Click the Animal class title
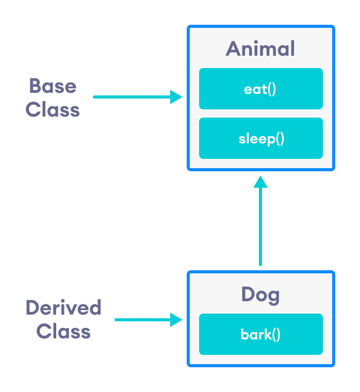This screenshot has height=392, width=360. coord(260,49)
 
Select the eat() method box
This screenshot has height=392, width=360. coord(260,89)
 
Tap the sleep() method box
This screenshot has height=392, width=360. coord(260,138)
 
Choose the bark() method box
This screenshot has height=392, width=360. coord(260,334)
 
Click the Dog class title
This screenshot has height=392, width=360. coord(260,295)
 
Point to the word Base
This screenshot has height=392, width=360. coord(53,86)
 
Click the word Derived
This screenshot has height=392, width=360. coord(63,307)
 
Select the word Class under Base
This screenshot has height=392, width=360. coord(53,109)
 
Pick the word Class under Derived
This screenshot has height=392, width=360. coord(63,331)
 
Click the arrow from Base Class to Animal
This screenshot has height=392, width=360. coord(134,96)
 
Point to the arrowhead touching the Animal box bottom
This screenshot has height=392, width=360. coord(260,182)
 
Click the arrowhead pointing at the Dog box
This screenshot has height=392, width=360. coord(177,320)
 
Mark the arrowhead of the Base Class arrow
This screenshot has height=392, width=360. coord(177,96)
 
